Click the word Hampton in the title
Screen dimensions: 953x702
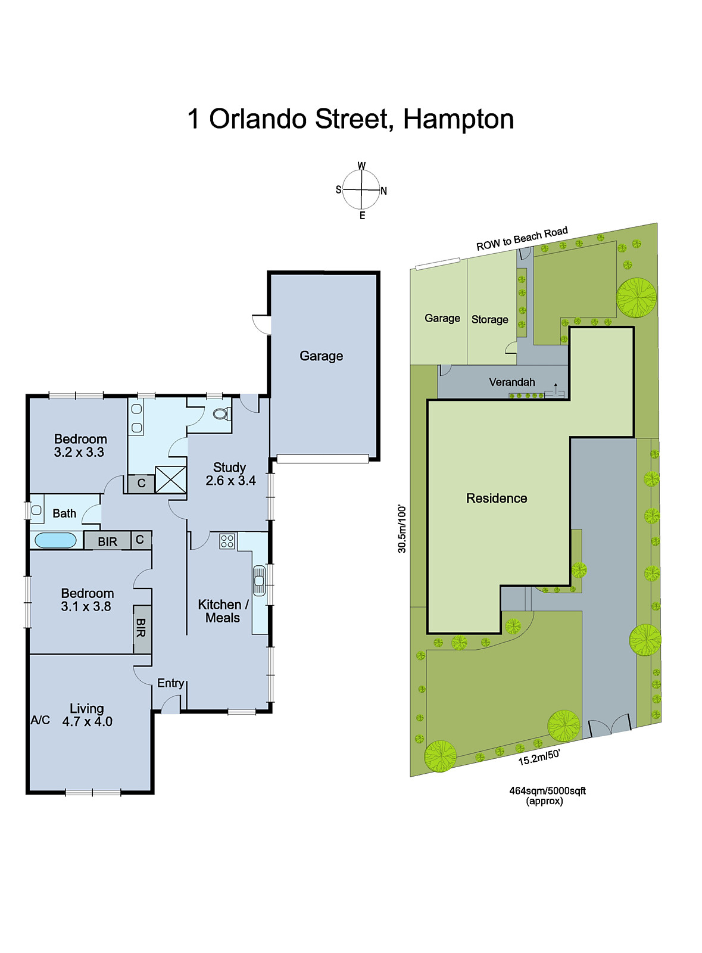458,119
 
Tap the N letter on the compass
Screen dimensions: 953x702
384,191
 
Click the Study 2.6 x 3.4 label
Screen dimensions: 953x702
230,474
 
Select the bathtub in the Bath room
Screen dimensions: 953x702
55,541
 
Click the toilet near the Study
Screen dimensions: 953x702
221,414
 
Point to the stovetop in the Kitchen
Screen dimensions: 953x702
227,541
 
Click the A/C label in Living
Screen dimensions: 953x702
40,720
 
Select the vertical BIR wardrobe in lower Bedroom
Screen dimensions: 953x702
141,628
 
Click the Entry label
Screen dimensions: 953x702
170,683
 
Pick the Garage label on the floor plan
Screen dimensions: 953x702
321,356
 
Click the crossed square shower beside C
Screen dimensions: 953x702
170,479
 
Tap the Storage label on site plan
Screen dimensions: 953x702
489,320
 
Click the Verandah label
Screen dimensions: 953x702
512,382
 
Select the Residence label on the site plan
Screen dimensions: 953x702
497,499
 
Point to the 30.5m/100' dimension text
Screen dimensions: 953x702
403,529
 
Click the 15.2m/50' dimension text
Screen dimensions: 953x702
539,758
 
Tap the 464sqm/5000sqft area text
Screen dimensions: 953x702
547,791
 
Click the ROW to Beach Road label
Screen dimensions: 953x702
522,239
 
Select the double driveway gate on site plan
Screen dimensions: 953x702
610,725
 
